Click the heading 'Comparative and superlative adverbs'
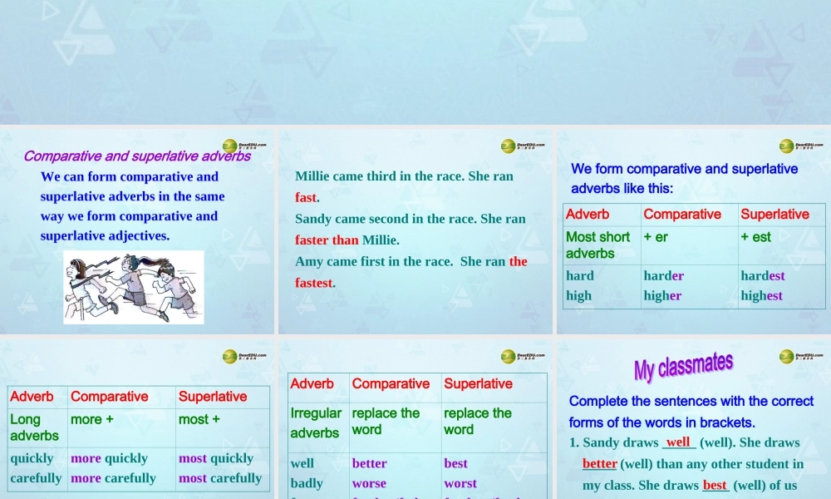tap(137, 156)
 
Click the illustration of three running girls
tap(134, 287)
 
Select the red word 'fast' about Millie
tap(306, 198)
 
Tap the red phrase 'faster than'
tap(327, 240)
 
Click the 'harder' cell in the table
tap(664, 276)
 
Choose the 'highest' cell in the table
tap(762, 295)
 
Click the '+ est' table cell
tap(756, 237)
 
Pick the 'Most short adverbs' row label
tap(597, 245)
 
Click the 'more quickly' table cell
tap(109, 458)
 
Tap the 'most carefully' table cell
tap(220, 478)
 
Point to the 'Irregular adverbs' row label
tap(316, 422)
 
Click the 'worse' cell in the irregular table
tap(369, 483)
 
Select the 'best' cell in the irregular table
tap(455, 463)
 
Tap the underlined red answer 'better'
tap(600, 464)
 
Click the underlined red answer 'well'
tap(678, 442)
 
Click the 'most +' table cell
tap(199, 420)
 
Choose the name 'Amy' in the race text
tap(308, 261)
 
